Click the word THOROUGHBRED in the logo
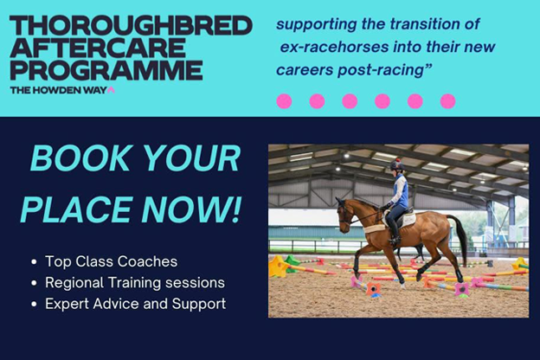click(x=130, y=24)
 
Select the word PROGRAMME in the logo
click(x=106, y=70)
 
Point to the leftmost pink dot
click(x=284, y=101)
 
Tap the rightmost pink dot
click(x=447, y=101)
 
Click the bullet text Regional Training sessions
click(x=135, y=283)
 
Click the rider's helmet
click(x=397, y=164)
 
